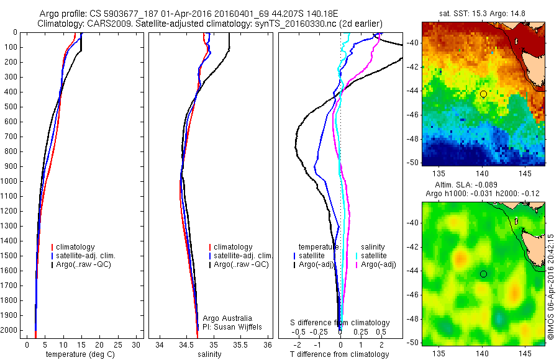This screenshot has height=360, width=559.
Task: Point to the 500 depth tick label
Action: pyautogui.click(x=11, y=107)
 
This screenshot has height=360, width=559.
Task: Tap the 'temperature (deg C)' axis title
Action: pyautogui.click(x=78, y=354)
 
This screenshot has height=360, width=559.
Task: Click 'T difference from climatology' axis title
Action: pyautogui.click(x=339, y=354)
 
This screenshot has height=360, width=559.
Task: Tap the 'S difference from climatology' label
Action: pyautogui.click(x=340, y=323)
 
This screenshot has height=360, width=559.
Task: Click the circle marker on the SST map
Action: pyautogui.click(x=483, y=94)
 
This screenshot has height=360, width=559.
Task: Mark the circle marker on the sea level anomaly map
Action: pyautogui.click(x=483, y=274)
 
